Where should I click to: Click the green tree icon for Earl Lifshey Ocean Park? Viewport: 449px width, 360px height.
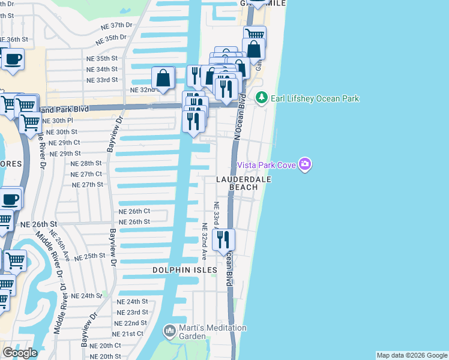pos(261,97)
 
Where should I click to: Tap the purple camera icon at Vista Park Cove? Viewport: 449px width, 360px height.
pos(305,164)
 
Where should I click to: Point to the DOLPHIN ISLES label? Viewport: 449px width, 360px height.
pos(184,271)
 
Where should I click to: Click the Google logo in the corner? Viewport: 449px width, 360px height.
pos(20,353)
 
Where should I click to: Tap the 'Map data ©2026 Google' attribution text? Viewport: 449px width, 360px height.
pos(412,355)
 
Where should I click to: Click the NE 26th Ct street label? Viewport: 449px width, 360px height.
pos(134,211)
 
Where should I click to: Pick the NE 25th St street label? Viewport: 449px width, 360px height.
pos(90,256)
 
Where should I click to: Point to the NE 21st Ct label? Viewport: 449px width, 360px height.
pos(128,334)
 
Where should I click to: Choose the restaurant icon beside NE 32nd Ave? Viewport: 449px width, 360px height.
pos(223,240)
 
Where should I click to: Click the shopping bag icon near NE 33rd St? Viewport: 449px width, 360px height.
pos(163,77)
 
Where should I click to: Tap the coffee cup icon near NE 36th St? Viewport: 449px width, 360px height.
pos(13,59)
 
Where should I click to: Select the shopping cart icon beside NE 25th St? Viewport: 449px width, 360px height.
pos(16,261)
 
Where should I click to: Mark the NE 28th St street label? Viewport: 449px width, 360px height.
pos(86,163)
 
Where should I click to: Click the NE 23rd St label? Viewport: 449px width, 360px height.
pos(132,313)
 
